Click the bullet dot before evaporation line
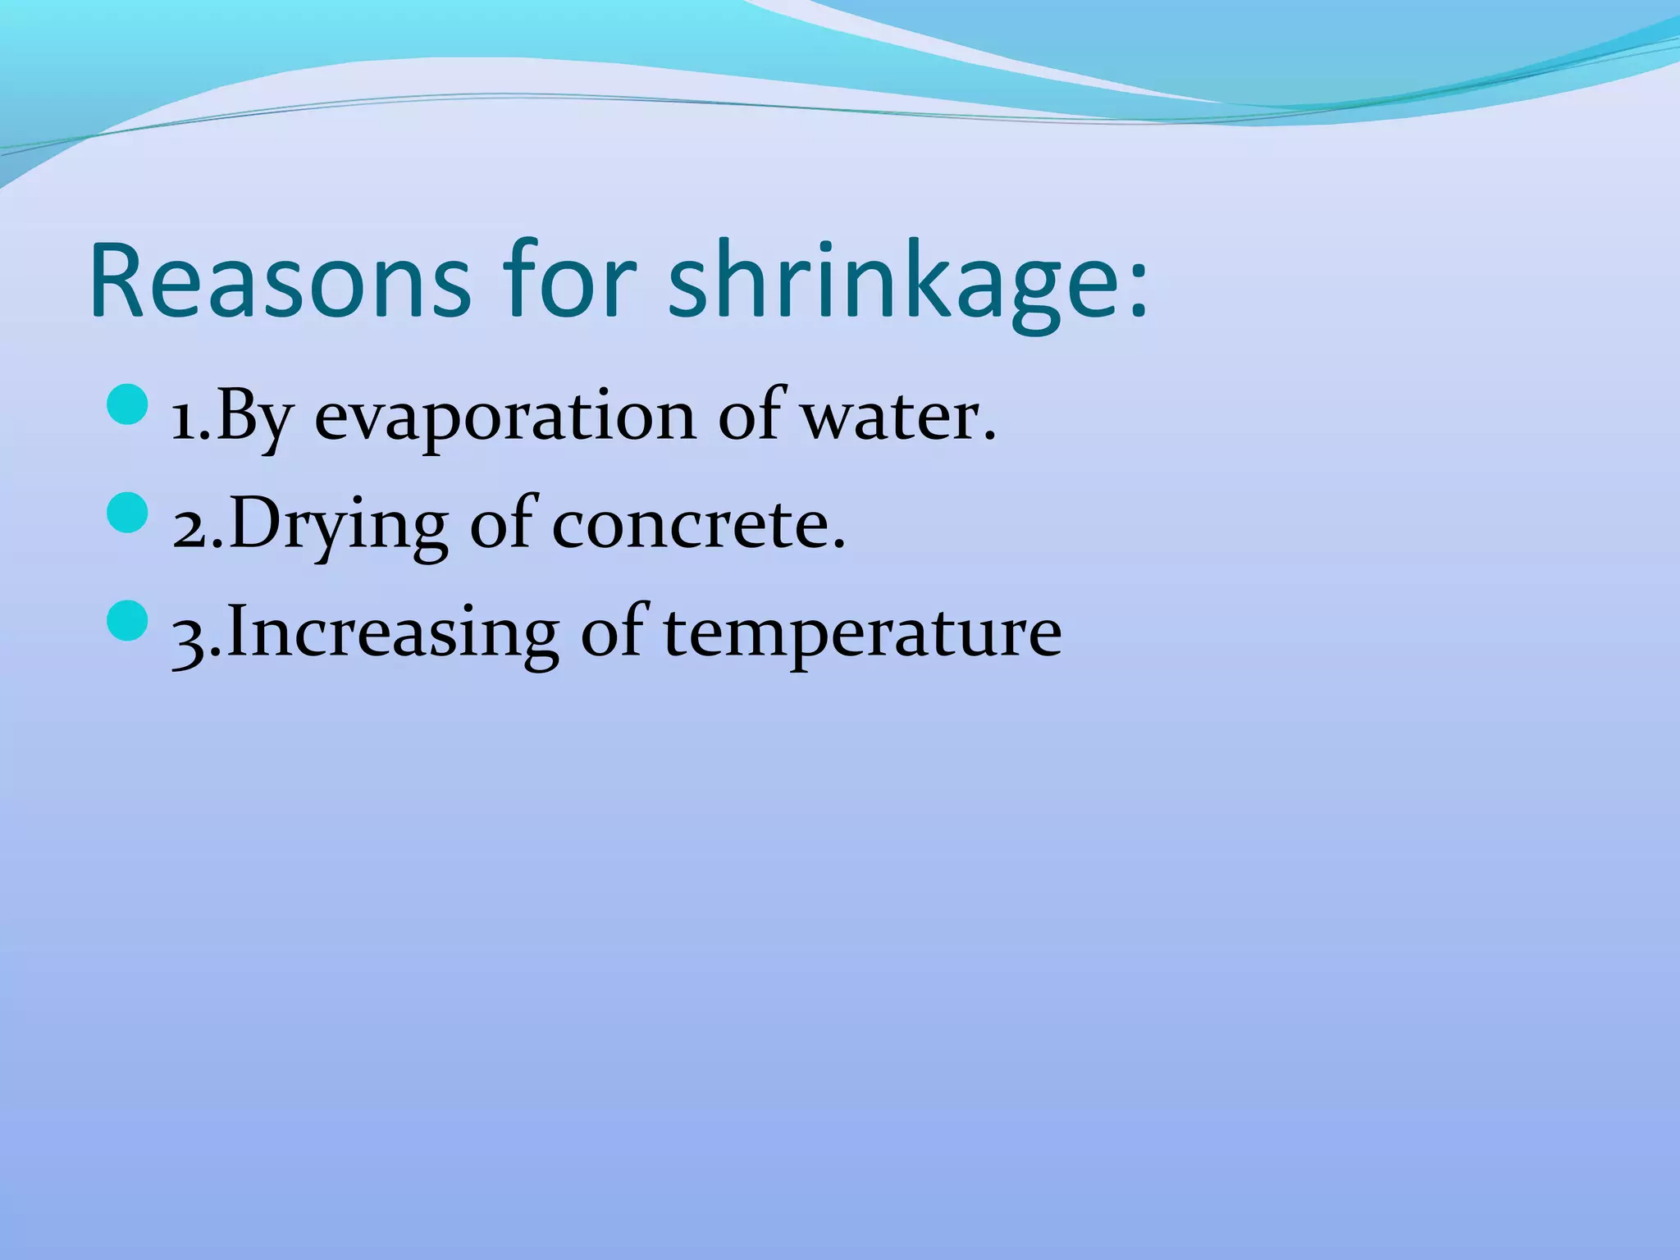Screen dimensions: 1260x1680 click(x=127, y=407)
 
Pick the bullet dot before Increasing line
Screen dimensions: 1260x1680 click(x=127, y=622)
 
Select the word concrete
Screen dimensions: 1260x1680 click(x=698, y=525)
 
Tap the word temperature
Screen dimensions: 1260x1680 click(x=862, y=634)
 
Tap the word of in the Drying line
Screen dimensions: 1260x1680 click(x=500, y=525)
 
